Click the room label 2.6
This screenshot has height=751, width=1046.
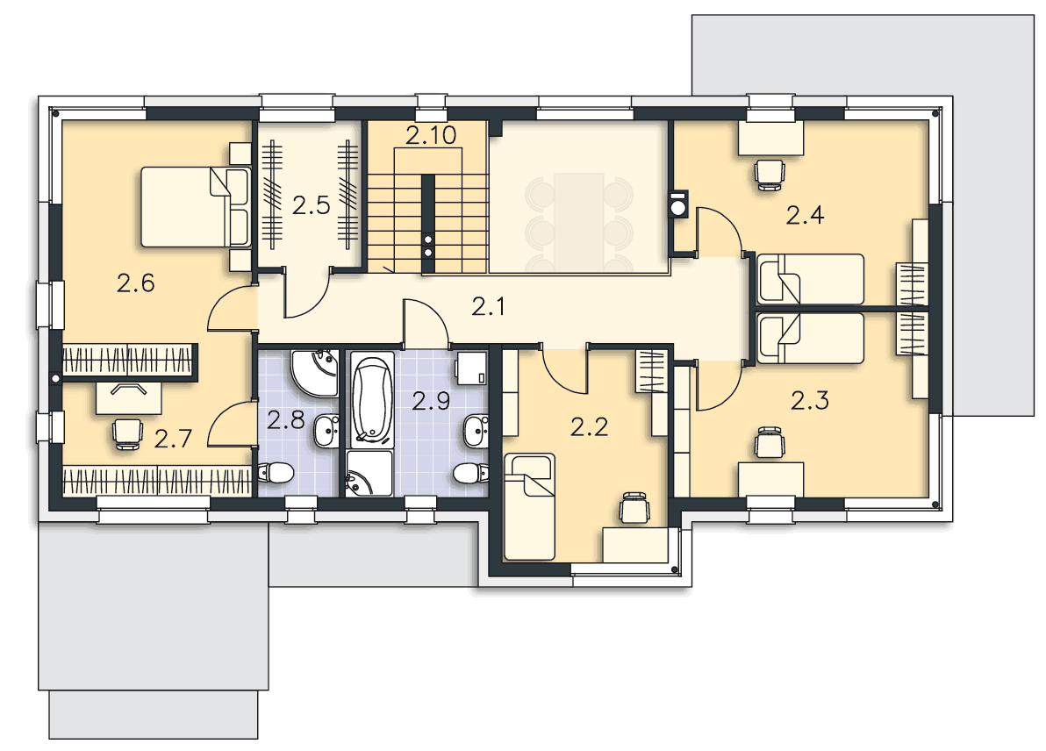[135, 283]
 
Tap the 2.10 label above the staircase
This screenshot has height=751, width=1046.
[431, 135]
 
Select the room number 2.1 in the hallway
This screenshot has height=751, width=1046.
[488, 307]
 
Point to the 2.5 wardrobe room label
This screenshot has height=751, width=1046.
[311, 204]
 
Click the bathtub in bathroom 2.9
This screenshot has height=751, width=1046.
[371, 400]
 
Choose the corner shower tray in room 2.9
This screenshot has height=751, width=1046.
[369, 474]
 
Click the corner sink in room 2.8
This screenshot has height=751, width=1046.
[315, 372]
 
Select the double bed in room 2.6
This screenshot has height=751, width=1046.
[196, 207]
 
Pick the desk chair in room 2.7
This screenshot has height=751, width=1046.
[126, 433]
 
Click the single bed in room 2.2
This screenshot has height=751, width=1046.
[529, 507]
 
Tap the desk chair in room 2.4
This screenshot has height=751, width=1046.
[769, 175]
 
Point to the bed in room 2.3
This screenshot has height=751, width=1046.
[811, 339]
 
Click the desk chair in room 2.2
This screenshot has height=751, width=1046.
[634, 508]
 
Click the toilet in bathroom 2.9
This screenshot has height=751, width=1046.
[470, 473]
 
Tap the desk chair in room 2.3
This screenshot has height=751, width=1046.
[769, 443]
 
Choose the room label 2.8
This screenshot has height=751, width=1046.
[285, 420]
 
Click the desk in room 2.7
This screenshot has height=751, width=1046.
[129, 398]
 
